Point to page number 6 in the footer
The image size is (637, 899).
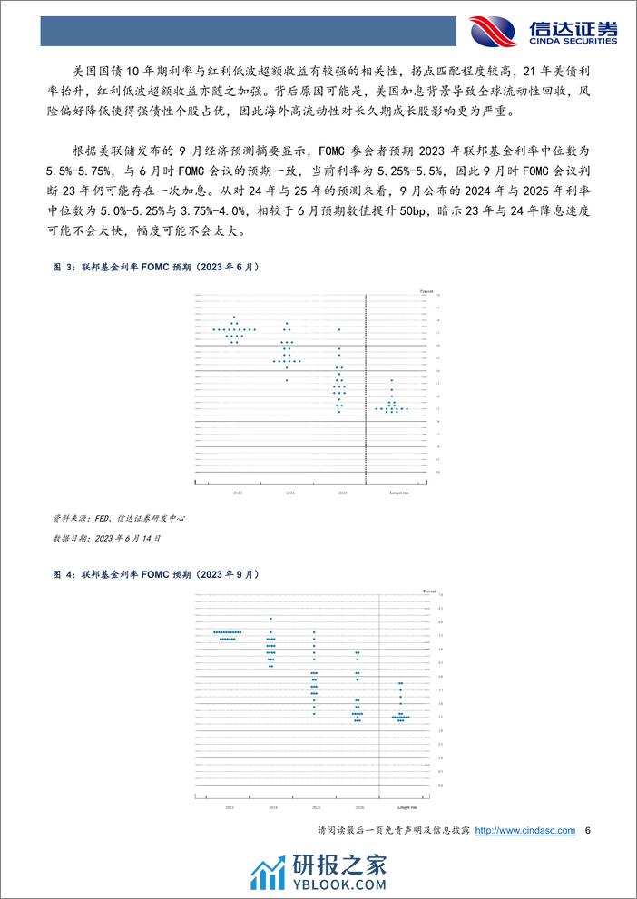pos(589,831)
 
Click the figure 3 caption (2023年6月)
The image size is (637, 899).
pos(157,268)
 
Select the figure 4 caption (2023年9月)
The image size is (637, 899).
pos(157,574)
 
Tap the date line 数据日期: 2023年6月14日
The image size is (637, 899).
pos(107,538)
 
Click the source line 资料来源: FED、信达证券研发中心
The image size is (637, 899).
pos(119,519)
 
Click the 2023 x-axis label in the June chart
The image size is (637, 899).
pos(237,490)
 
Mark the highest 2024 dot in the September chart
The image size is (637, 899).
pos(270,619)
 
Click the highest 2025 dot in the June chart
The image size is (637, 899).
pos(338,329)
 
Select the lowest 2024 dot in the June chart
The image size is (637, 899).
pos(287,379)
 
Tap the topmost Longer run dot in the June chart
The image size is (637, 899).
pos(391,379)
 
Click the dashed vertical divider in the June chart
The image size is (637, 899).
pos(365,390)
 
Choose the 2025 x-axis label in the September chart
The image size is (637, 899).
pos(314,806)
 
